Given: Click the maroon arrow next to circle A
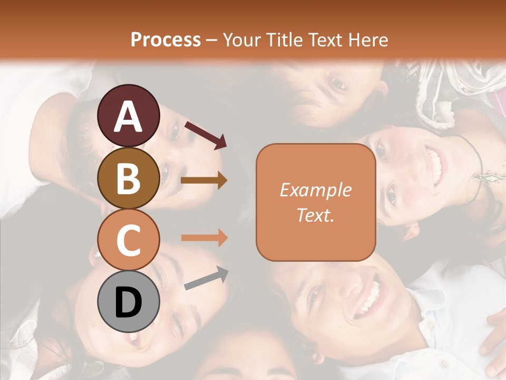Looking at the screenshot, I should pyautogui.click(x=206, y=135).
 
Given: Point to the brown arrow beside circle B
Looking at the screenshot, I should pyautogui.click(x=204, y=180).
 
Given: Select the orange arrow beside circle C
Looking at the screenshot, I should pyautogui.click(x=204, y=237).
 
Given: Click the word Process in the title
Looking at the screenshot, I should pyautogui.click(x=166, y=40).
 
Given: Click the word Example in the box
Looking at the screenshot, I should pyautogui.click(x=315, y=190).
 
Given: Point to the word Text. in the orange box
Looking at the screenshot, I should pyautogui.click(x=315, y=215).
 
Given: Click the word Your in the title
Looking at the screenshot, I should pyautogui.click(x=240, y=40).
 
